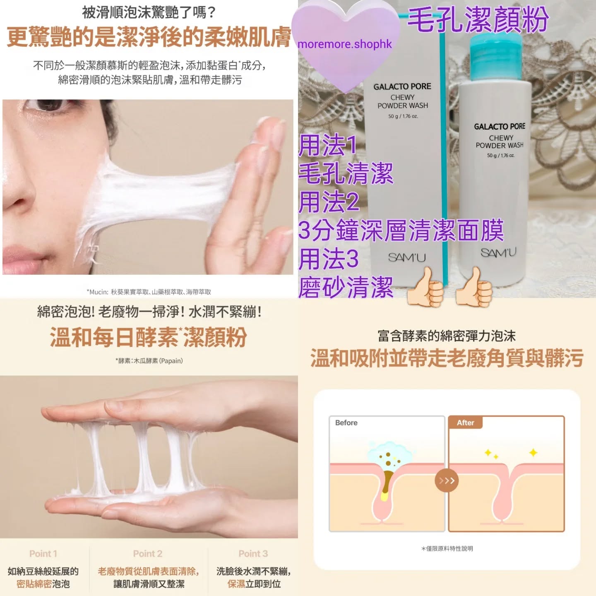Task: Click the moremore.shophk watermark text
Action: click(x=344, y=44)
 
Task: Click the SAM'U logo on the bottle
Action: click(x=498, y=253)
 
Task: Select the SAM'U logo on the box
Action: click(x=407, y=257)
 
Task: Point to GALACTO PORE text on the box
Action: click(x=402, y=87)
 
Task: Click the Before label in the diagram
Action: click(x=346, y=423)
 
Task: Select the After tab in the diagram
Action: click(x=465, y=423)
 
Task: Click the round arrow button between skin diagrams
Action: click(x=446, y=481)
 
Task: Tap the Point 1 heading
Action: click(x=43, y=554)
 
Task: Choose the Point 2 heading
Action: click(x=147, y=554)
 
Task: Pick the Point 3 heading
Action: click(x=253, y=554)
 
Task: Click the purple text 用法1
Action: click(x=328, y=145)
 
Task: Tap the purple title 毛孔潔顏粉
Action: click(x=478, y=20)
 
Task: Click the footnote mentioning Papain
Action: click(x=149, y=360)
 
